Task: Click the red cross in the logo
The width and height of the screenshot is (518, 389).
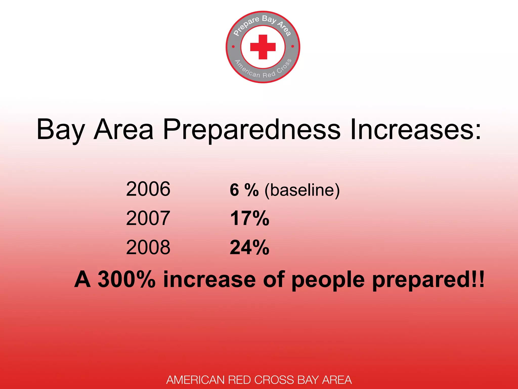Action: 263,47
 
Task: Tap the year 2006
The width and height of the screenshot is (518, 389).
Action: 148,189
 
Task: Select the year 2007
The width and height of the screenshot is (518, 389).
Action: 148,218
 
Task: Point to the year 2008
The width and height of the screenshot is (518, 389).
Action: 148,247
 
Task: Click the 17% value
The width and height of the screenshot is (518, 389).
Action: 249,218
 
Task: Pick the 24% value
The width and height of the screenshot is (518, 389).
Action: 249,247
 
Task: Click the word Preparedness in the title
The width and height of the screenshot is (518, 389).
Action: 252,130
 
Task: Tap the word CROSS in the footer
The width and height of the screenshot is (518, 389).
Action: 274,380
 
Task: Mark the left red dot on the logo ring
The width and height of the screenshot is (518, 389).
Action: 233,47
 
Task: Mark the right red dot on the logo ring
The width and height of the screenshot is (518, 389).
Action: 293,46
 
